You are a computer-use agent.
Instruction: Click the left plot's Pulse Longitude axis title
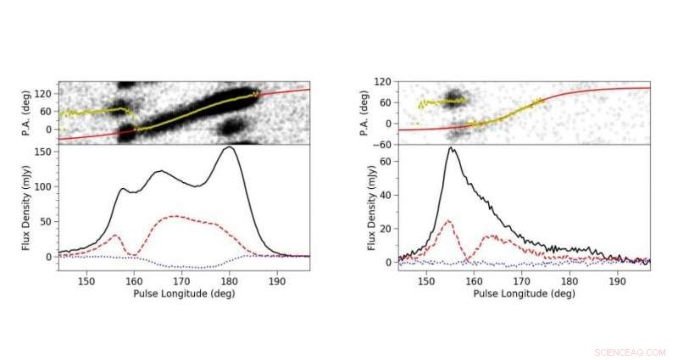click(182, 293)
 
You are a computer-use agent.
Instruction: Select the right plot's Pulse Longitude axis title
click(523, 293)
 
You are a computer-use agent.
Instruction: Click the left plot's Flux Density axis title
click(26, 208)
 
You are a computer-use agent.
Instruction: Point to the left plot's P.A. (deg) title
click(26, 113)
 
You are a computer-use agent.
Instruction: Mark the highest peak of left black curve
click(228, 147)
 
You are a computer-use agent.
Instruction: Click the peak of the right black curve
click(452, 148)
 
